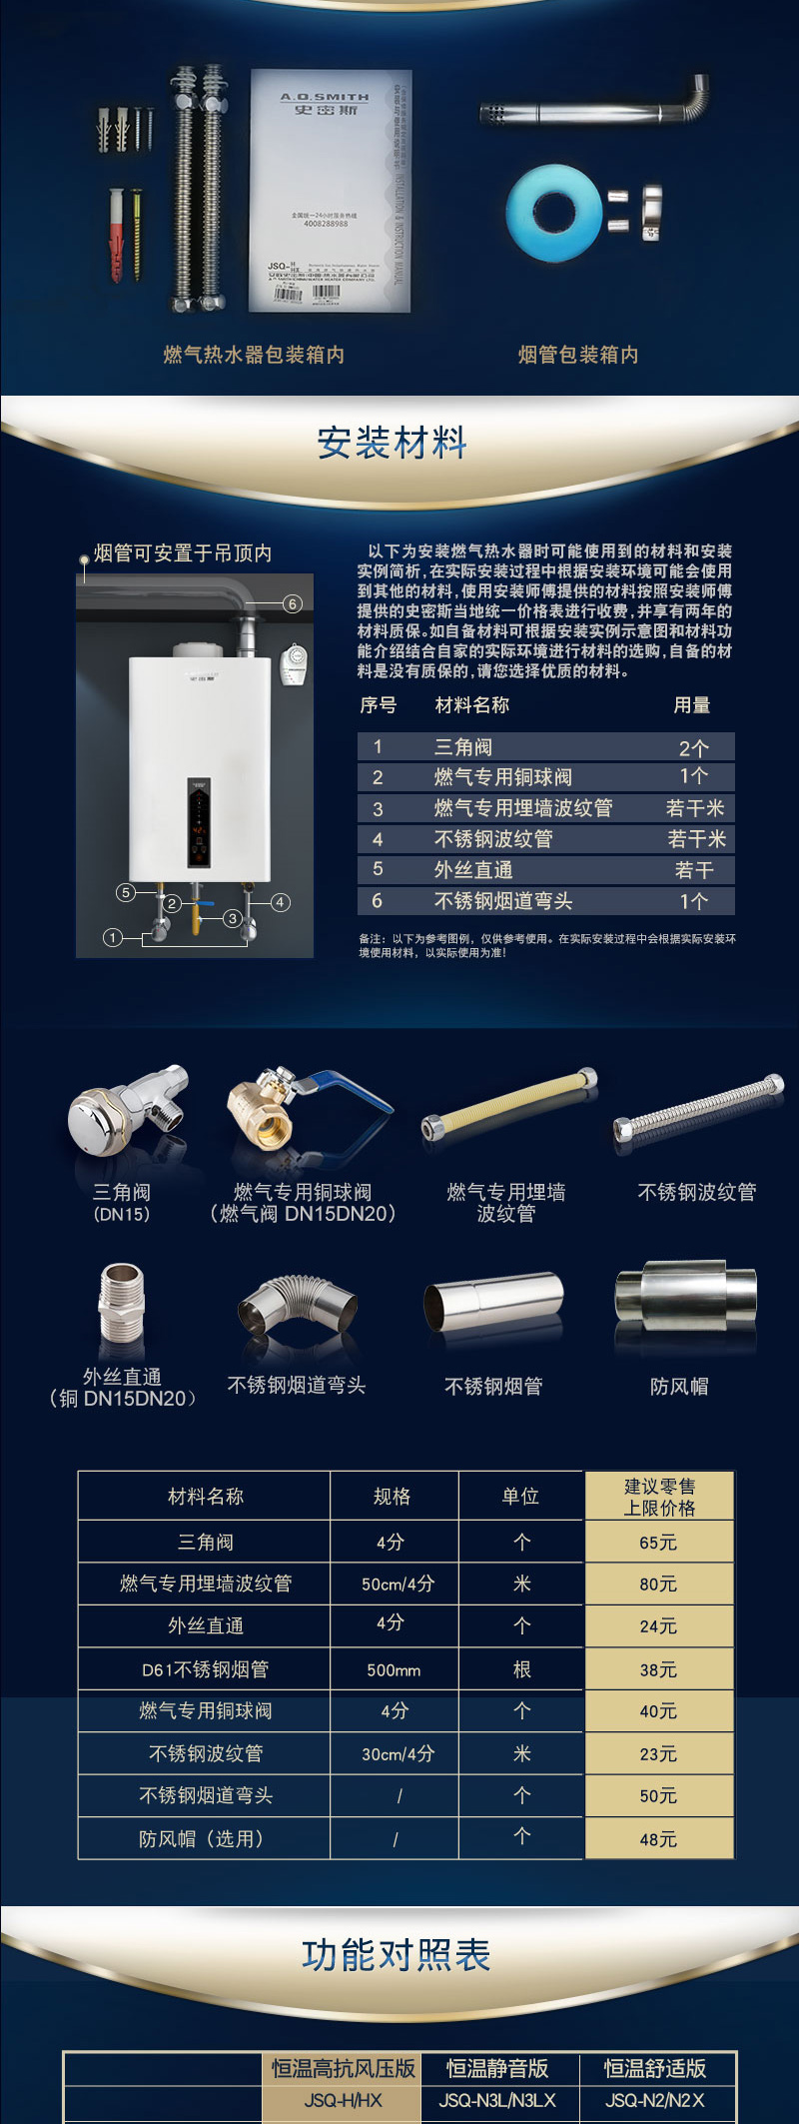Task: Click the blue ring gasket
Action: tap(552, 213)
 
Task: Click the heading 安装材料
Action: tap(393, 443)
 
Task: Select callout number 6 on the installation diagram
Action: tap(292, 603)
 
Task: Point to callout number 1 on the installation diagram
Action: tap(113, 937)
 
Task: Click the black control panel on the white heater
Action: tap(200, 821)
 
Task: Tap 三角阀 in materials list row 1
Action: tap(463, 747)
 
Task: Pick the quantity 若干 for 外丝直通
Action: tap(694, 870)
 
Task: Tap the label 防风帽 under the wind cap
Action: tap(679, 1387)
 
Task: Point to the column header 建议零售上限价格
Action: tap(659, 1497)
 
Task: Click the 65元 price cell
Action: tap(658, 1543)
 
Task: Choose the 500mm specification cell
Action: tap(394, 1669)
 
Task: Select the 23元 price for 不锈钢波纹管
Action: tap(658, 1753)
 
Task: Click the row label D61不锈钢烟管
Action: tap(205, 1669)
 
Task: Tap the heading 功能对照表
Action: tap(397, 1955)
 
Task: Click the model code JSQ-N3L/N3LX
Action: tap(497, 2100)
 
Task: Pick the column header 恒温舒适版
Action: tap(655, 2068)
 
